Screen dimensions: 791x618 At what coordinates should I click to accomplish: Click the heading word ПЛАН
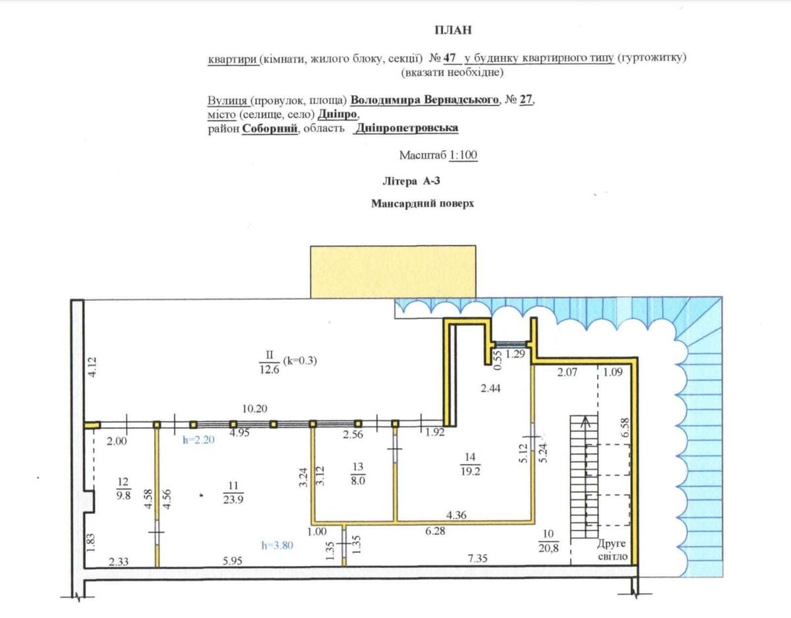tap(454, 30)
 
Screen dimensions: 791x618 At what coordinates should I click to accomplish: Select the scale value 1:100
tap(463, 155)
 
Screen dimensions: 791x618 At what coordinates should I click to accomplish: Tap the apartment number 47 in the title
tap(450, 57)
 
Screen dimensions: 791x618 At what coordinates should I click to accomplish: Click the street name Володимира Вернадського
tap(425, 99)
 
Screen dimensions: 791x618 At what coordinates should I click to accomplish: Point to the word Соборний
tap(270, 128)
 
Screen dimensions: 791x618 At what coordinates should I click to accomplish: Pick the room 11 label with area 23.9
tap(233, 493)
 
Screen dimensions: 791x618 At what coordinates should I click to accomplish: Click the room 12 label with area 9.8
tap(123, 488)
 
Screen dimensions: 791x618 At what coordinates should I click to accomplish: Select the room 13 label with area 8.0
tap(358, 474)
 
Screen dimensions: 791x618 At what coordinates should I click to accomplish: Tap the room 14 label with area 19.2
tap(470, 464)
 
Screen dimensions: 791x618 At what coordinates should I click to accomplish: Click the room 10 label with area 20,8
tap(548, 541)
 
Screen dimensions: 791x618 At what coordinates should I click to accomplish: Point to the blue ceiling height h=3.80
tap(278, 546)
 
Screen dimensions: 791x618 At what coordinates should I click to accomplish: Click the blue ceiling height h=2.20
tap(198, 440)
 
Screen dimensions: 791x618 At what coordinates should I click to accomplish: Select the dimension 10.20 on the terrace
tap(255, 408)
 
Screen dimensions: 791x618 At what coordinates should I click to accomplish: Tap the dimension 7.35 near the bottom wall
tap(477, 558)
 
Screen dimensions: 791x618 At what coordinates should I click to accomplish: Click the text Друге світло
tap(612, 549)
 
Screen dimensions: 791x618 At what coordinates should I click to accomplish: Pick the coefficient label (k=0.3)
tap(300, 360)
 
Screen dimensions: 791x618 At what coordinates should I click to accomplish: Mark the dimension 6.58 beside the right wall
tap(626, 428)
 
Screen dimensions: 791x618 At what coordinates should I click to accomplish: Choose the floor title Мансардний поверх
tap(423, 204)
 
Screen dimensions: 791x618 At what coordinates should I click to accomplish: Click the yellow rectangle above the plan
tap(393, 271)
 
